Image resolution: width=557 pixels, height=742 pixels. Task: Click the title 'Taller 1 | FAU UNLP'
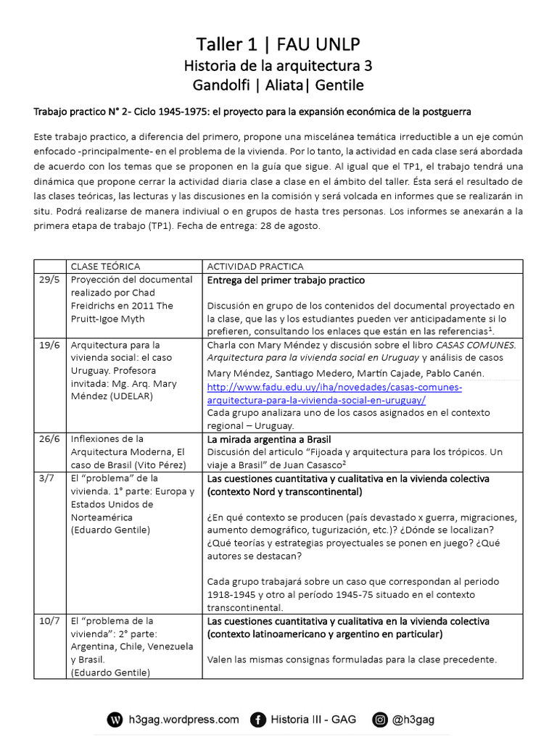278,44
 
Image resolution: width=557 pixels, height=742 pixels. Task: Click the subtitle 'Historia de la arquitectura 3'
278,66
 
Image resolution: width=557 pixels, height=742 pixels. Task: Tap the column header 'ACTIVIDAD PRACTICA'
252,266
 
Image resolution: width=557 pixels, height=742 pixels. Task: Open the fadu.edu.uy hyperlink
334,393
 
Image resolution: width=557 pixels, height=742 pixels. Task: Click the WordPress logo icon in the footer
115,720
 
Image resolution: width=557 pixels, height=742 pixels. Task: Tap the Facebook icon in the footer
257,720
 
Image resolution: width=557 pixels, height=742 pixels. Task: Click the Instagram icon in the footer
380,720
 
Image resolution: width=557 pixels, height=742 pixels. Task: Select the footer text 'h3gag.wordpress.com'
183,720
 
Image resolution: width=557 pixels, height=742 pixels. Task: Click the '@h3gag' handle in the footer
415,720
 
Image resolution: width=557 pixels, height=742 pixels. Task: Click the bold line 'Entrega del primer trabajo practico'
286,280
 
